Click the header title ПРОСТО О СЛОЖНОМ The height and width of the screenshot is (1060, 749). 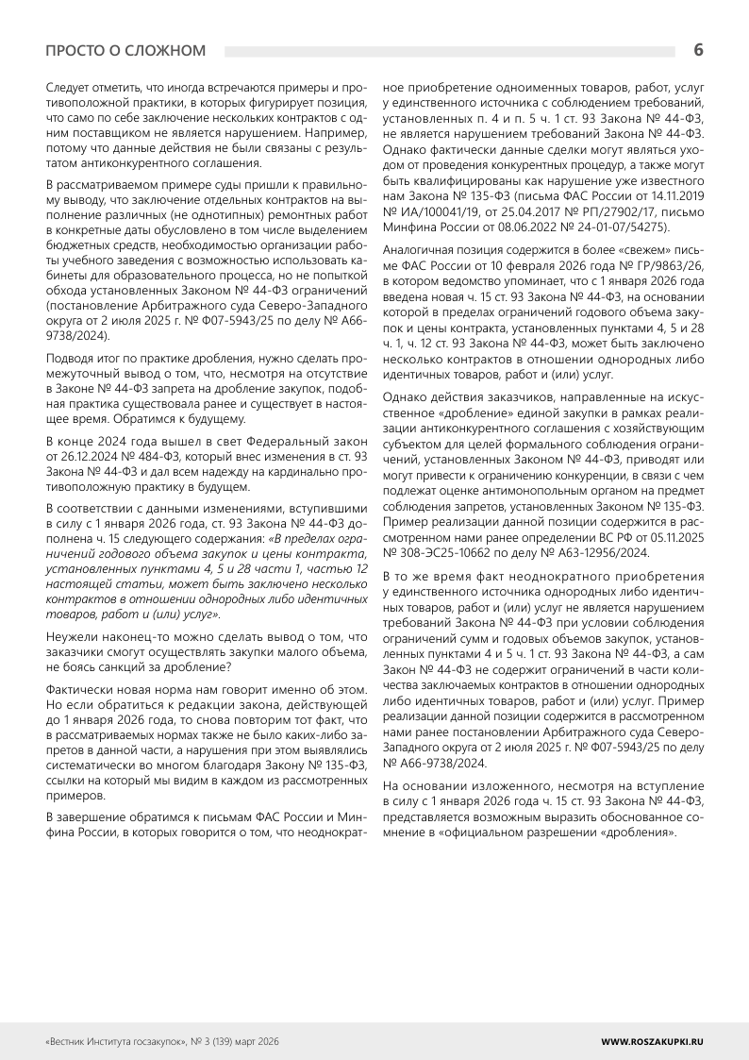point(125,50)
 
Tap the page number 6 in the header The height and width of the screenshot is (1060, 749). point(698,49)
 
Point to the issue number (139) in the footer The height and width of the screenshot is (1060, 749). point(210,1039)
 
